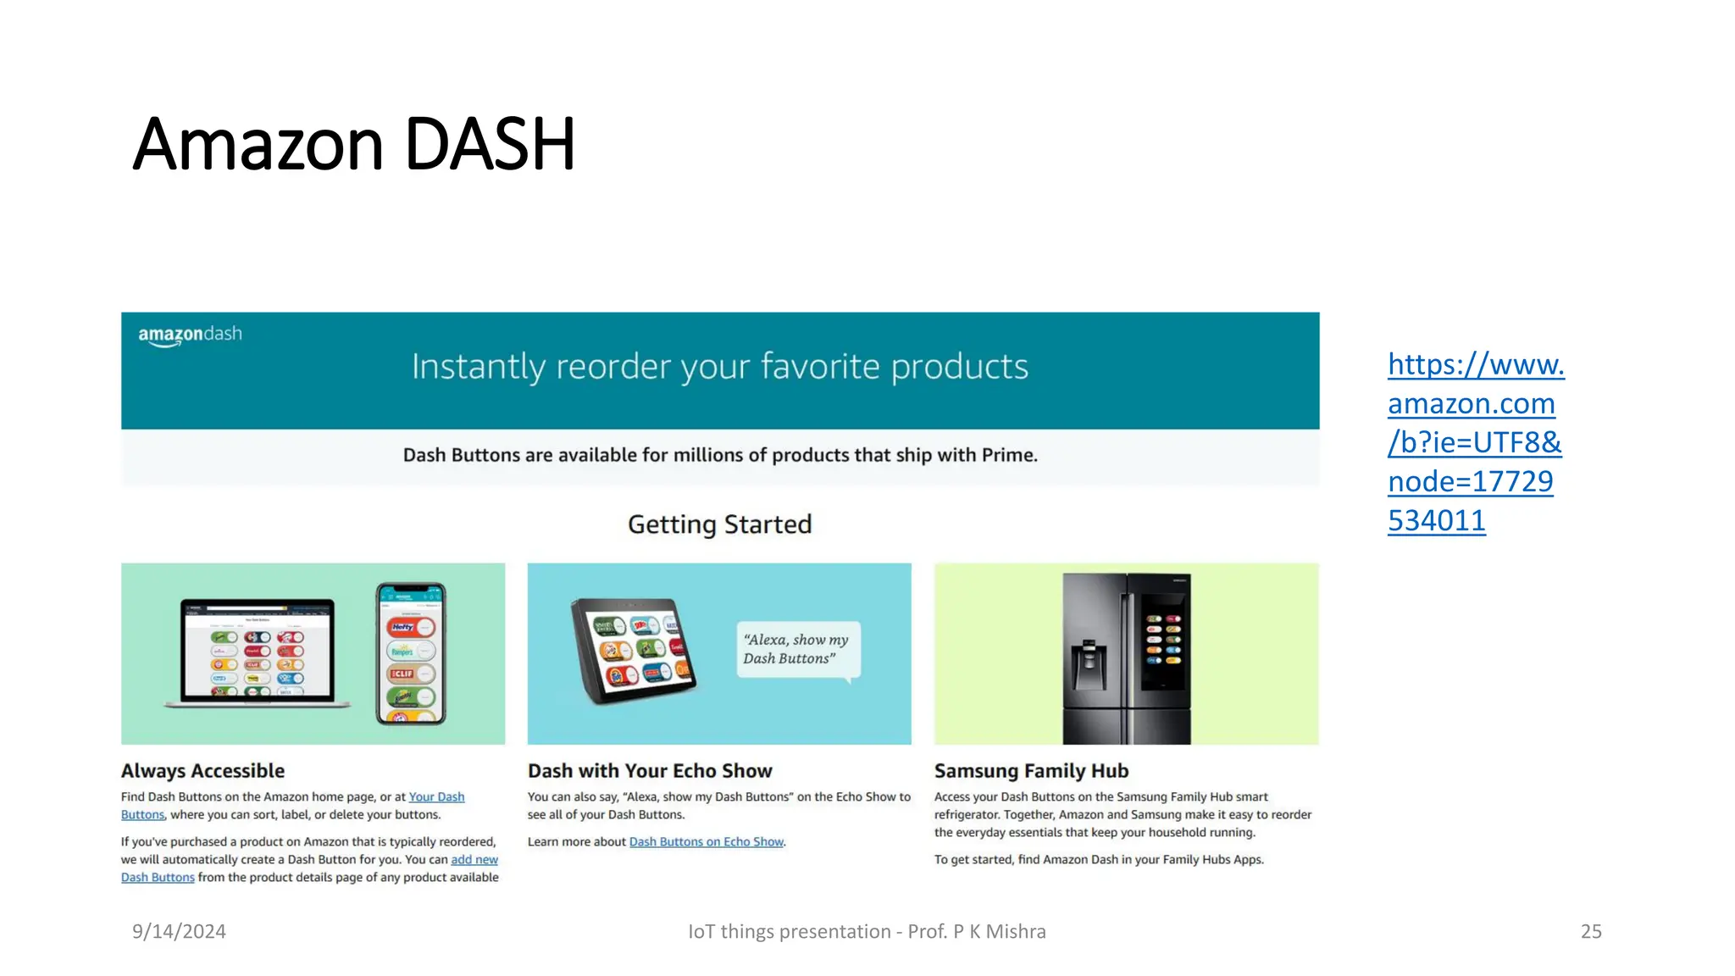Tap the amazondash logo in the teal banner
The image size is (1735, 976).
190,335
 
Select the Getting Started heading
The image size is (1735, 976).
719,524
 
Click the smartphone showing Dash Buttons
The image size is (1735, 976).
411,652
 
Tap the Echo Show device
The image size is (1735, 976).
633,651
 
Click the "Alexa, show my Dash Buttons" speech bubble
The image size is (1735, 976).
796,650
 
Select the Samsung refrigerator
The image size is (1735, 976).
1127,657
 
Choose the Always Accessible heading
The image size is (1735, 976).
202,771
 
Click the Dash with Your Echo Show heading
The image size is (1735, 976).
650,771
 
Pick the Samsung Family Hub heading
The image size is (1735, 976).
1031,771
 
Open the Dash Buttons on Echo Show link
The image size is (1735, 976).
706,842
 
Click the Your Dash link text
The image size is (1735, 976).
436,797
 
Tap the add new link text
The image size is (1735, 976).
474,860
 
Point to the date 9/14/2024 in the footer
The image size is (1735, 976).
179,932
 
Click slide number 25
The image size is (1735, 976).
1591,932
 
